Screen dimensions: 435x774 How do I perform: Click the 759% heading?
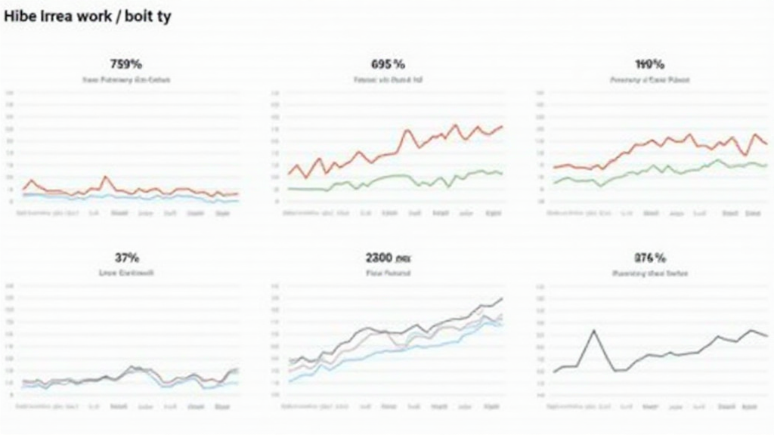coord(126,64)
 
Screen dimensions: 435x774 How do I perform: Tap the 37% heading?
coord(126,258)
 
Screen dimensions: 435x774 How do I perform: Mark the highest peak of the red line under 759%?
coord(107,177)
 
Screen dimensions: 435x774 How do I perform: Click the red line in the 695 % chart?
coord(408,131)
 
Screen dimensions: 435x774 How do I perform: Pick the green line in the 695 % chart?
coord(393,177)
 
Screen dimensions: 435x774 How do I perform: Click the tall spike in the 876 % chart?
coord(594,331)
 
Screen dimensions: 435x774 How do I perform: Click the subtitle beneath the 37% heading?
coord(126,273)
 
